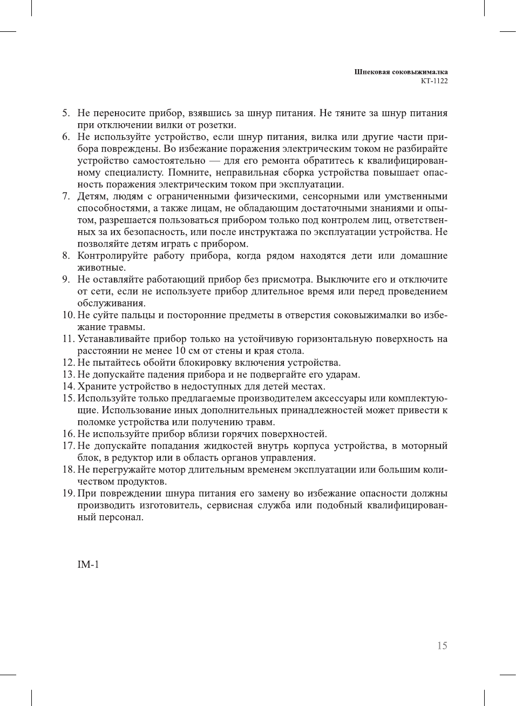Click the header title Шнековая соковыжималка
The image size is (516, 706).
pyautogui.click(x=400, y=72)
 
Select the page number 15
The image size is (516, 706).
pyautogui.click(x=442, y=646)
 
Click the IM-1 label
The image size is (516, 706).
pyautogui.click(x=88, y=564)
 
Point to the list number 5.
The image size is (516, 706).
pyautogui.click(x=65, y=113)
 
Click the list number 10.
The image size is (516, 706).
pyautogui.click(x=68, y=315)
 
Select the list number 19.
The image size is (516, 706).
pyautogui.click(x=68, y=493)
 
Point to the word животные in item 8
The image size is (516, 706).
pyautogui.click(x=101, y=267)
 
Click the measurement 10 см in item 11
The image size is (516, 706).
pyautogui.click(x=187, y=351)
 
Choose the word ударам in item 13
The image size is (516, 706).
pyautogui.click(x=343, y=374)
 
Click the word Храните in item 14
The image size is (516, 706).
pyautogui.click(x=96, y=386)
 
